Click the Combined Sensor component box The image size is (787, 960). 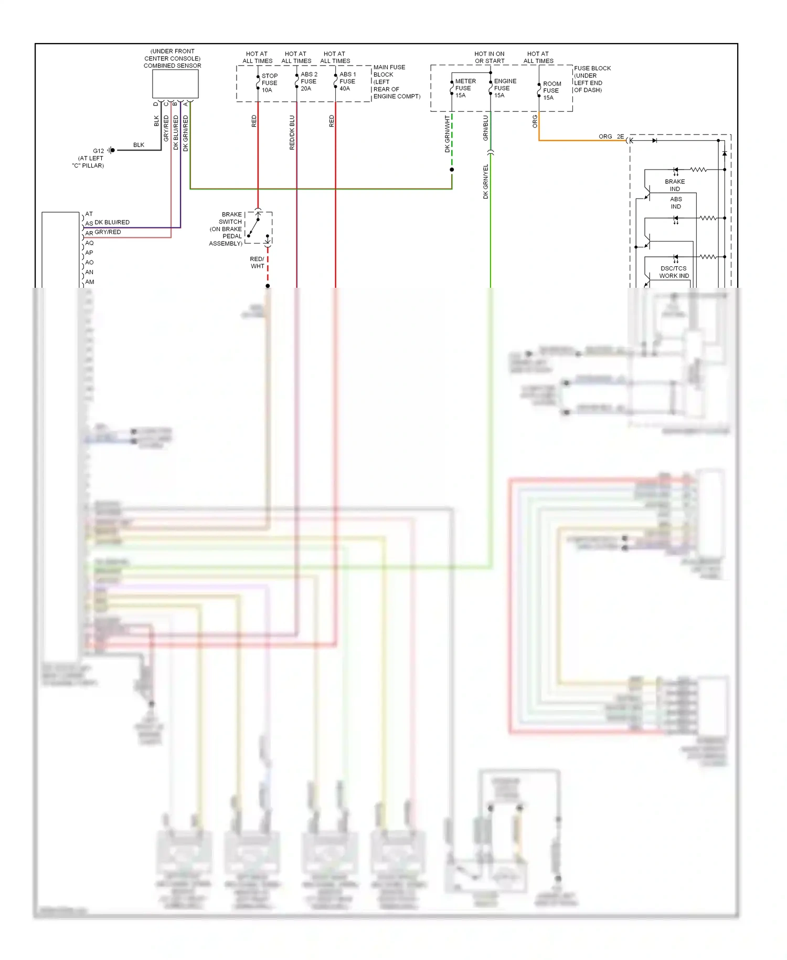(175, 84)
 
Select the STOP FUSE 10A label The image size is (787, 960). (269, 83)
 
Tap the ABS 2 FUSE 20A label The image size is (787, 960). (309, 81)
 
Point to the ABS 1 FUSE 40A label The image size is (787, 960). (347, 81)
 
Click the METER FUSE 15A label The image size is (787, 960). (465, 88)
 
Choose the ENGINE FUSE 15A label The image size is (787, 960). (505, 88)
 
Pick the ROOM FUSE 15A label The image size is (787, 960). (551, 91)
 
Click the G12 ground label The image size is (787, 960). (99, 151)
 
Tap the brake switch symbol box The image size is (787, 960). (259, 227)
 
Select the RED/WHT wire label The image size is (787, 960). (257, 263)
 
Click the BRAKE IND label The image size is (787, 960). (675, 185)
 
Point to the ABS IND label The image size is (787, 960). (676, 203)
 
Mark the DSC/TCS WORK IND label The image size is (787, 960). (674, 272)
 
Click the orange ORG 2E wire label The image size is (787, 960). (611, 137)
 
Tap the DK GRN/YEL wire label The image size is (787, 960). (485, 181)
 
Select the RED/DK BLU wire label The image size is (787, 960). (292, 133)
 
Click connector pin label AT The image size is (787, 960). (89, 214)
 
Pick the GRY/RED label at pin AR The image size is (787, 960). (108, 232)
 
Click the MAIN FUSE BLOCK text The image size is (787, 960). (389, 71)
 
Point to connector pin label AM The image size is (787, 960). (90, 282)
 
